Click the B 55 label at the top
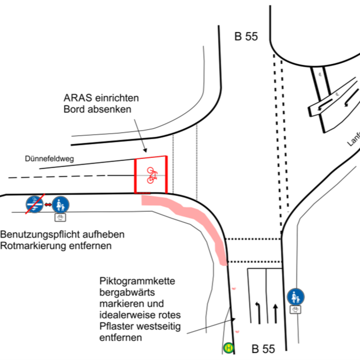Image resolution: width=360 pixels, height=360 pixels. point(246,37)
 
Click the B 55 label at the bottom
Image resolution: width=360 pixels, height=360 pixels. point(263,349)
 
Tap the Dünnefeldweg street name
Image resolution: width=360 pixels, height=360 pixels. point(49,159)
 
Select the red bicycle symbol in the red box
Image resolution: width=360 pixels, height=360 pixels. point(151,175)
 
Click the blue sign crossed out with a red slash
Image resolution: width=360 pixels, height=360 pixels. point(34,204)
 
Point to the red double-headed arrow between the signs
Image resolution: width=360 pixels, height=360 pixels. point(48,205)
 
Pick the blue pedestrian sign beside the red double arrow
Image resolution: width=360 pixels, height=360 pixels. point(61,204)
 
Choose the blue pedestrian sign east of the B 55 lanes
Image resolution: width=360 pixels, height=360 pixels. point(295,297)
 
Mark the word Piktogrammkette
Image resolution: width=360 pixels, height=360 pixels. point(137,282)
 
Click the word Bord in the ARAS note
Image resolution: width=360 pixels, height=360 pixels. point(73,109)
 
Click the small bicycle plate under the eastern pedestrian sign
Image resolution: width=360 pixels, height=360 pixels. point(295,309)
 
